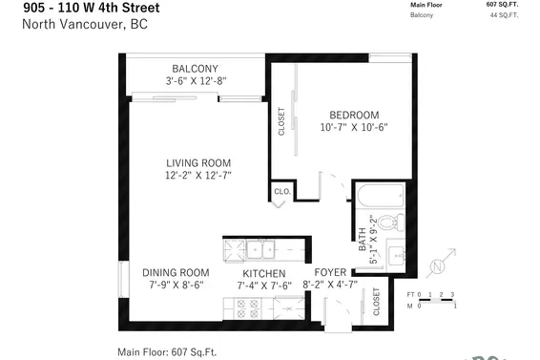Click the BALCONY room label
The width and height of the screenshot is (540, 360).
(195, 68)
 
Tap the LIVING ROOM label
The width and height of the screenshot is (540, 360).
(197, 162)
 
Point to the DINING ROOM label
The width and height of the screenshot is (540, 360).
(176, 272)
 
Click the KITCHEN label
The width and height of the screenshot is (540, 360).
(263, 272)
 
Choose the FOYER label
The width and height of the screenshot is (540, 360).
(330, 272)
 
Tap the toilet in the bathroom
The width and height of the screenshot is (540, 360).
(399, 225)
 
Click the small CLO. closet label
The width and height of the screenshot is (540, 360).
(281, 192)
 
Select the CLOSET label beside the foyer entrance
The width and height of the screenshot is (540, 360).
(376, 302)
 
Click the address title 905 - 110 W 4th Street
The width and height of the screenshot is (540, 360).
(91, 9)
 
